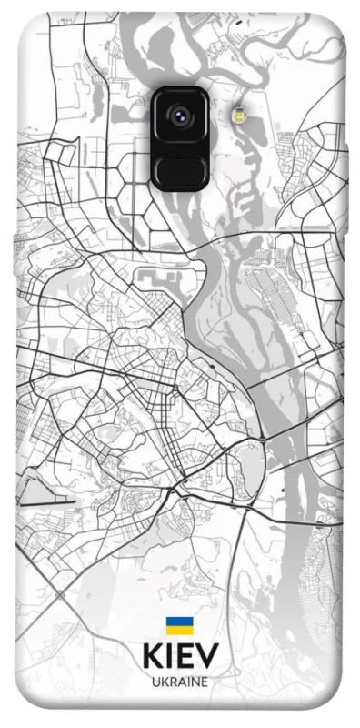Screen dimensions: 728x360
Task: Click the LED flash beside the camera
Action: pos(239,115)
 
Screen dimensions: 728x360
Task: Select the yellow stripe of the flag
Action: pos(179,631)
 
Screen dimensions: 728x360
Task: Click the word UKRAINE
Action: pos(179,682)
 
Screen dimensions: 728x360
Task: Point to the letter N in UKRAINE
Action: pos(194,682)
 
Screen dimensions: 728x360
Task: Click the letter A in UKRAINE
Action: pos(180,682)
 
